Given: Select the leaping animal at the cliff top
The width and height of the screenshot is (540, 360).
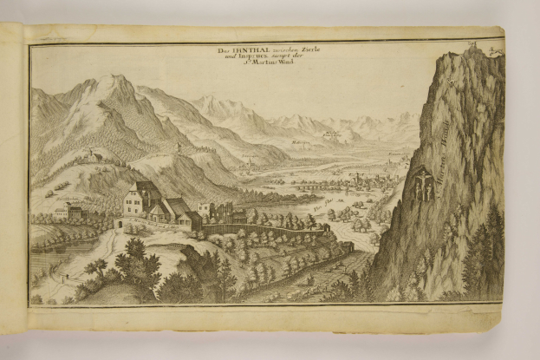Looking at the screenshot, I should pyautogui.click(x=495, y=52).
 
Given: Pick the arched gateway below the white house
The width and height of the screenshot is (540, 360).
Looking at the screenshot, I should pyautogui.click(x=120, y=224).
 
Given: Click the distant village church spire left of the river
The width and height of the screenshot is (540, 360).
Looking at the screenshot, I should pyautogui.click(x=250, y=159).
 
